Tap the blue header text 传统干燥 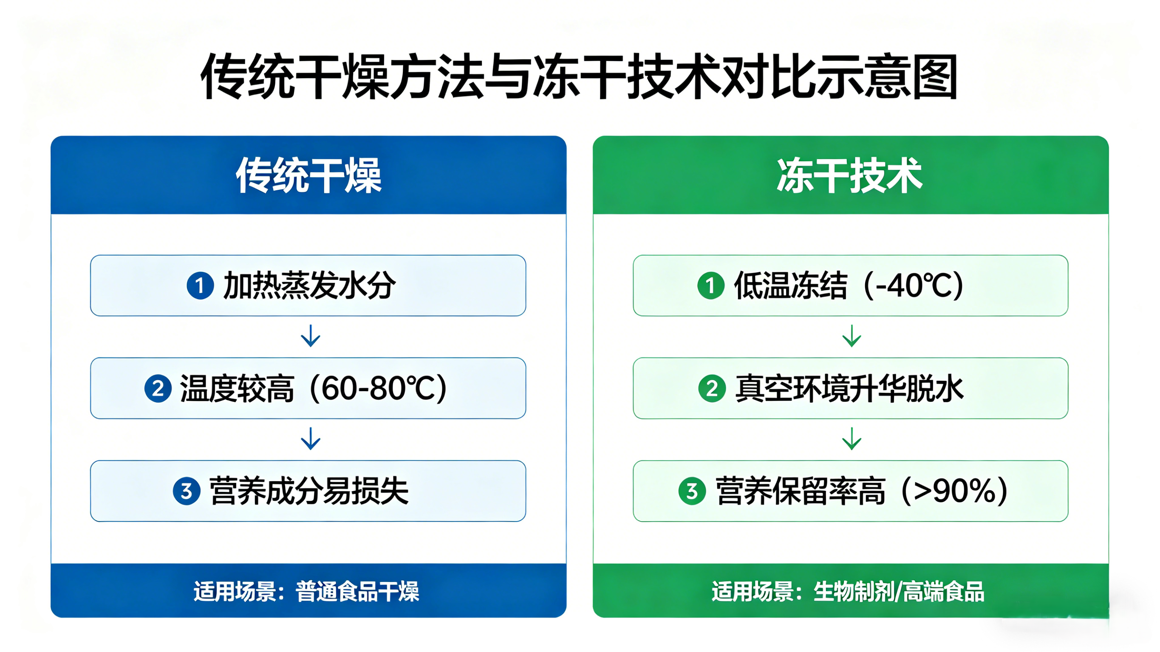[308, 175]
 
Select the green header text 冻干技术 [850, 175]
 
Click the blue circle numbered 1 [200, 285]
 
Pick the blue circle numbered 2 [158, 388]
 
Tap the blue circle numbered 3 [187, 491]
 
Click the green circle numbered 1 [710, 285]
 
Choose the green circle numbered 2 [711, 388]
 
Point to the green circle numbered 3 [692, 491]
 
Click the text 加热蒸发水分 [309, 285]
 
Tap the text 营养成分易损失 [309, 491]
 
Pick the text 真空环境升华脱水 [849, 388]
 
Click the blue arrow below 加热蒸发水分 [310, 336]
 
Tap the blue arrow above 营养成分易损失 [310, 439]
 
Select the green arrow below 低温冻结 [852, 336]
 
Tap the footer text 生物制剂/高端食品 [899, 591]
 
